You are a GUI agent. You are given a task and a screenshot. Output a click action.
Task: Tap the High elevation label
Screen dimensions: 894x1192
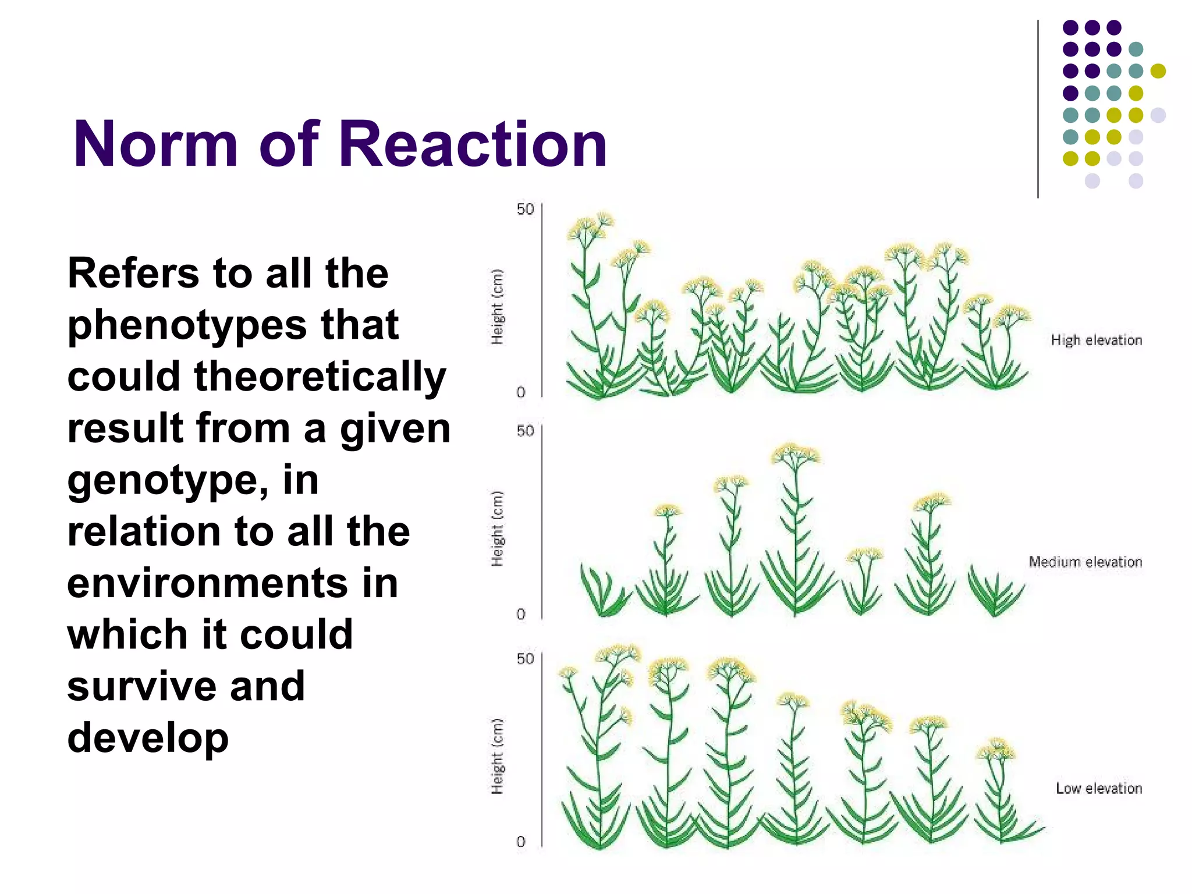click(x=1096, y=340)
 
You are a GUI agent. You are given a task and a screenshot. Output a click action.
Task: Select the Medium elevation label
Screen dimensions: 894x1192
click(x=1085, y=562)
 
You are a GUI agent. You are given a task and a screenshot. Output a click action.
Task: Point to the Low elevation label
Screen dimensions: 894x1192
click(x=1098, y=788)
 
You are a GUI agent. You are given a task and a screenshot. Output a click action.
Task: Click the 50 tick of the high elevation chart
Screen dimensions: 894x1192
click(x=524, y=210)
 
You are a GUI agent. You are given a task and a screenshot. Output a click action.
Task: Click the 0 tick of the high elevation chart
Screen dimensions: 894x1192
click(x=521, y=392)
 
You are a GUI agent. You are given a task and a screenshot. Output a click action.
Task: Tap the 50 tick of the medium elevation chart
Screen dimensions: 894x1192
click(x=524, y=431)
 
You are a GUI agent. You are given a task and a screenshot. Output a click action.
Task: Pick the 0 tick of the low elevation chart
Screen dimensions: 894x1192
click(x=521, y=842)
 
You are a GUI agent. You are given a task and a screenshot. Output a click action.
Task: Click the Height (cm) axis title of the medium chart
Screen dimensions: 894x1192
click(x=496, y=528)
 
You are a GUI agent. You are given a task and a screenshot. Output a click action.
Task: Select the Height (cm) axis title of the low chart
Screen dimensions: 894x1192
click(x=496, y=756)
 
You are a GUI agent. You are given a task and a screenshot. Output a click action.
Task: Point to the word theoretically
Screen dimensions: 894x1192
click(x=320, y=377)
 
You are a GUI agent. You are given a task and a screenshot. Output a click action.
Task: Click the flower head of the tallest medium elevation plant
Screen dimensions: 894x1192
click(x=795, y=453)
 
